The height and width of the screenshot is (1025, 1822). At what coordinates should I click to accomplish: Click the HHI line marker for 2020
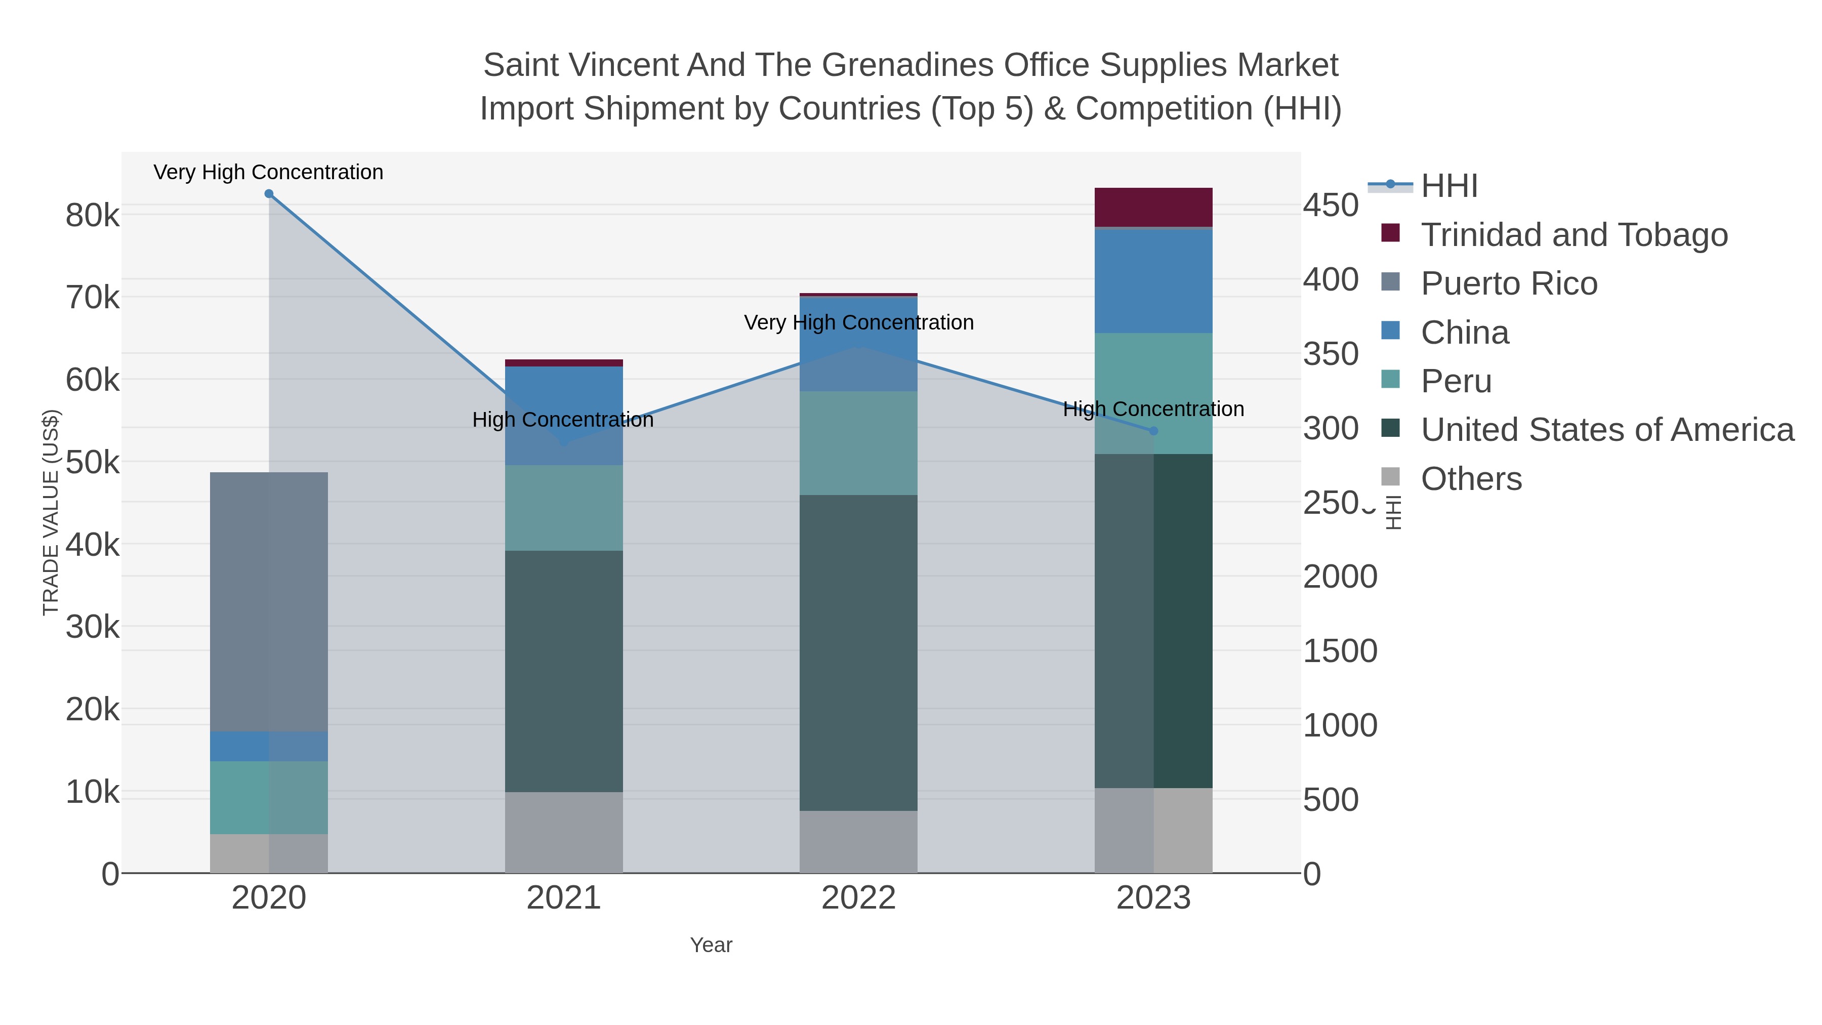point(269,194)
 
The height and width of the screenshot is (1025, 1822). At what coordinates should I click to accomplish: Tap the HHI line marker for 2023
point(1153,431)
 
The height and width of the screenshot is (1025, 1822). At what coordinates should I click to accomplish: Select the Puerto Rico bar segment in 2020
point(269,601)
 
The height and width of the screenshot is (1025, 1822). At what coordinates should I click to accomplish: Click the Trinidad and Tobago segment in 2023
point(1153,207)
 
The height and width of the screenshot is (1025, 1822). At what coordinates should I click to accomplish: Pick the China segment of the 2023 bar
point(1153,281)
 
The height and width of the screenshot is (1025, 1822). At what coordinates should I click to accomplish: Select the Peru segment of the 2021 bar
point(564,507)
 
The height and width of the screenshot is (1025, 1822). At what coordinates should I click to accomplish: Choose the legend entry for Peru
point(1456,381)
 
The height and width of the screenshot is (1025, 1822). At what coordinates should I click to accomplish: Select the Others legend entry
point(1470,479)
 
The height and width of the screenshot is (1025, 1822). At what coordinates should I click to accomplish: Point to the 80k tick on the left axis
point(93,216)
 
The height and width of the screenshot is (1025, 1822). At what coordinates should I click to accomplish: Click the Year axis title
point(711,945)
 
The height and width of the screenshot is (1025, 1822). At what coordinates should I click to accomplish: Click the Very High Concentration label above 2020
point(268,172)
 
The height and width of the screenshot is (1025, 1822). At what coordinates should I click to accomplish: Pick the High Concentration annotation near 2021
point(562,420)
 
